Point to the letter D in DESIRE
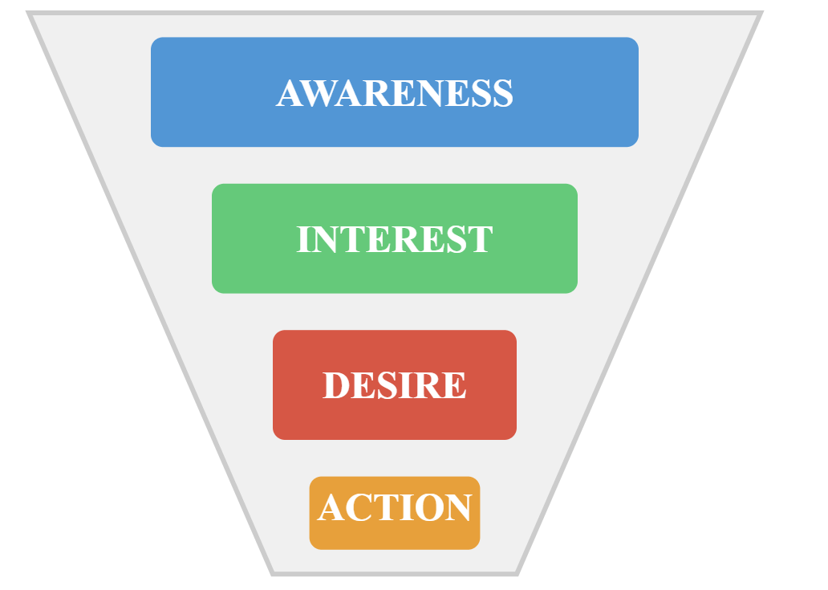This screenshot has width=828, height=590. coord(336,386)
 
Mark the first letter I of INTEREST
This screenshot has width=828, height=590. coord(303,240)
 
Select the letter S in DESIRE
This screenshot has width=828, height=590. coord(387,386)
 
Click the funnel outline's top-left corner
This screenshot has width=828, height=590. coord(30,14)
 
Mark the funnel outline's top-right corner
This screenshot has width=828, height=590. coord(760,14)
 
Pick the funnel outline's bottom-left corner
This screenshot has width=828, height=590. coord(273,573)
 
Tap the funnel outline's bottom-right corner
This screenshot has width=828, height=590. coord(517,573)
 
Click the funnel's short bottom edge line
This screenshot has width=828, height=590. coord(395,573)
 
